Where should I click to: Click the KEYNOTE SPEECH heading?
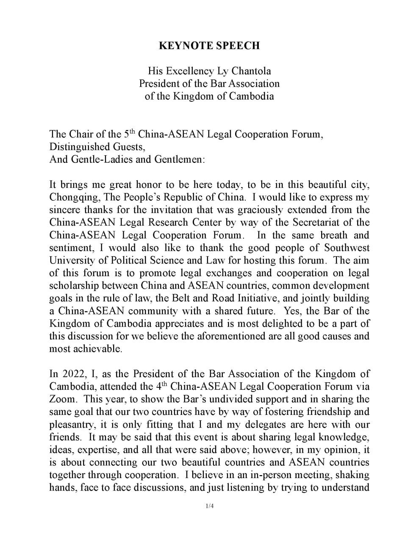209,46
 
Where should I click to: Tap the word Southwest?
347,248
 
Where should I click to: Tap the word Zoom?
63,399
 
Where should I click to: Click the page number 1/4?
209,506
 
